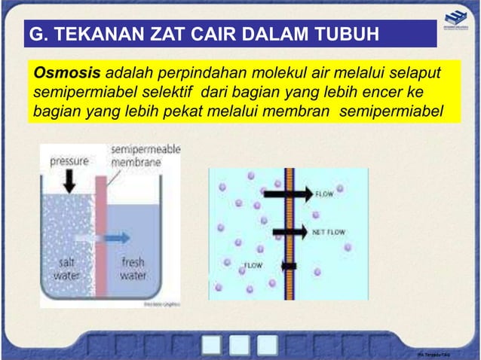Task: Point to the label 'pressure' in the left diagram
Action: [69, 161]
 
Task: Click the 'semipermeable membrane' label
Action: [146, 156]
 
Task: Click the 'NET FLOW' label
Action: [329, 233]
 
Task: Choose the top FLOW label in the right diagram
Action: [324, 194]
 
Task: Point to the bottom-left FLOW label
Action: [252, 265]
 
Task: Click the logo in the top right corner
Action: [455, 23]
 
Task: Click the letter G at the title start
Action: [35, 35]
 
